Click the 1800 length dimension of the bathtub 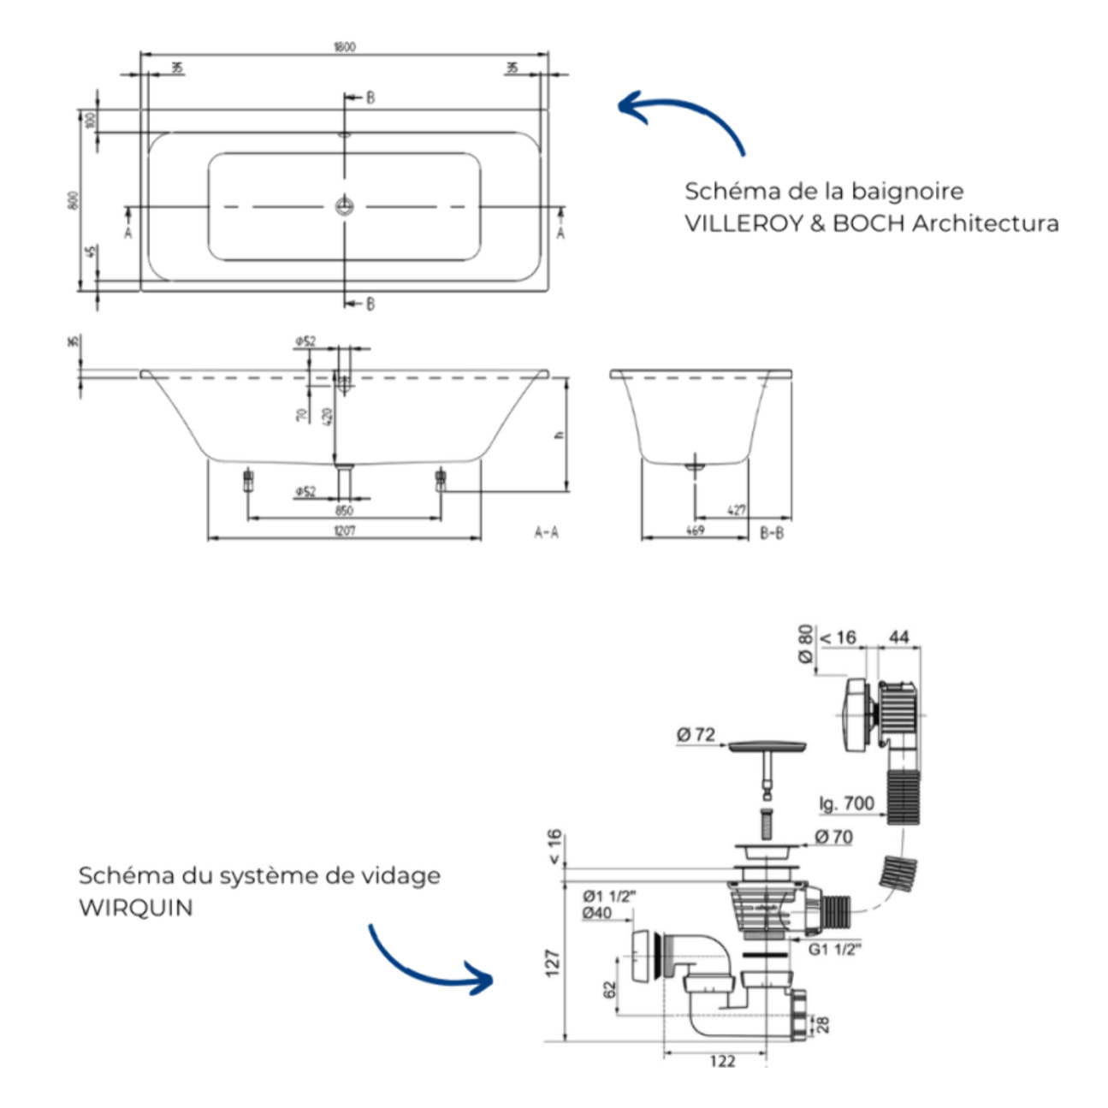344,46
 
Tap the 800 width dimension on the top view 74,200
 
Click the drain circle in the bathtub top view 344,205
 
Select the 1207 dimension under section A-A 344,530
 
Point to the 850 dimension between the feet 344,511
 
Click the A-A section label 546,533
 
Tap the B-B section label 772,533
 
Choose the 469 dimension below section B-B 695,530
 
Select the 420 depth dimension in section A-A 327,417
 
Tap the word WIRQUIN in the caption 135,908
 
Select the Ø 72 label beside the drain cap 695,734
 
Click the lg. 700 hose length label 846,803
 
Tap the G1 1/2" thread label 834,948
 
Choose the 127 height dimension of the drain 553,963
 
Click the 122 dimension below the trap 722,1061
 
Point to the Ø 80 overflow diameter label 805,643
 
